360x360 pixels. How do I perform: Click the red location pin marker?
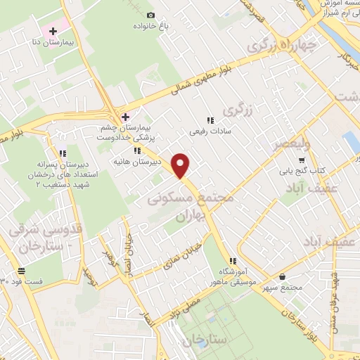[181, 165]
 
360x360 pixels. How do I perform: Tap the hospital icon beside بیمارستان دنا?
[53, 32]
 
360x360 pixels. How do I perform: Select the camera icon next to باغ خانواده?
[150, 15]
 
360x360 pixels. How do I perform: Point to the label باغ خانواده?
[150, 27]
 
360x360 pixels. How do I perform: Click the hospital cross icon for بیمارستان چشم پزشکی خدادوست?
[126, 116]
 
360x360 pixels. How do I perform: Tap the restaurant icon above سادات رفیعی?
[210, 120]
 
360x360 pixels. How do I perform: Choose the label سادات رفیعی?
[210, 131]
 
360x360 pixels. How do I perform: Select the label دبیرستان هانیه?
[138, 162]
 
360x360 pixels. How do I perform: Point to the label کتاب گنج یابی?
[309, 171]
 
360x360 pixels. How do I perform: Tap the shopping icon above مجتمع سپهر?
[282, 277]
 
